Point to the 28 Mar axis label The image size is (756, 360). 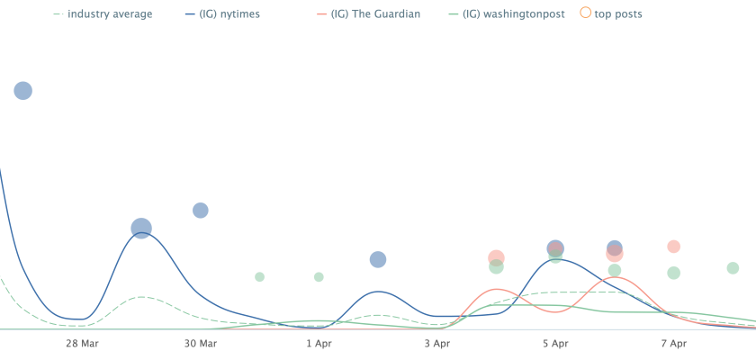click(x=82, y=343)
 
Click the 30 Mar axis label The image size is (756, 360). click(x=201, y=343)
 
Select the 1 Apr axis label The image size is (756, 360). click(x=319, y=343)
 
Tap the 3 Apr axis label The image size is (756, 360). click(x=436, y=343)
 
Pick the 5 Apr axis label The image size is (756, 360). click(x=555, y=343)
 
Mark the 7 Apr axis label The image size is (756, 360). click(x=673, y=343)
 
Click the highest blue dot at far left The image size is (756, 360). click(x=23, y=90)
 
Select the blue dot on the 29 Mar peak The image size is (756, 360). click(x=141, y=228)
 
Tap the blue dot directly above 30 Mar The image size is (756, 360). click(x=201, y=211)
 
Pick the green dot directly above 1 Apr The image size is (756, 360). click(x=319, y=276)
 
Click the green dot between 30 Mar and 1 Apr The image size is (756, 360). click(x=259, y=276)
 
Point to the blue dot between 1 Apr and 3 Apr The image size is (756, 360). click(x=378, y=260)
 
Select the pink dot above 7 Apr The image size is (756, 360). click(x=673, y=247)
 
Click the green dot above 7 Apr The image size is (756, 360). click(x=673, y=273)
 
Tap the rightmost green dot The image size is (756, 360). click(x=733, y=268)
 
